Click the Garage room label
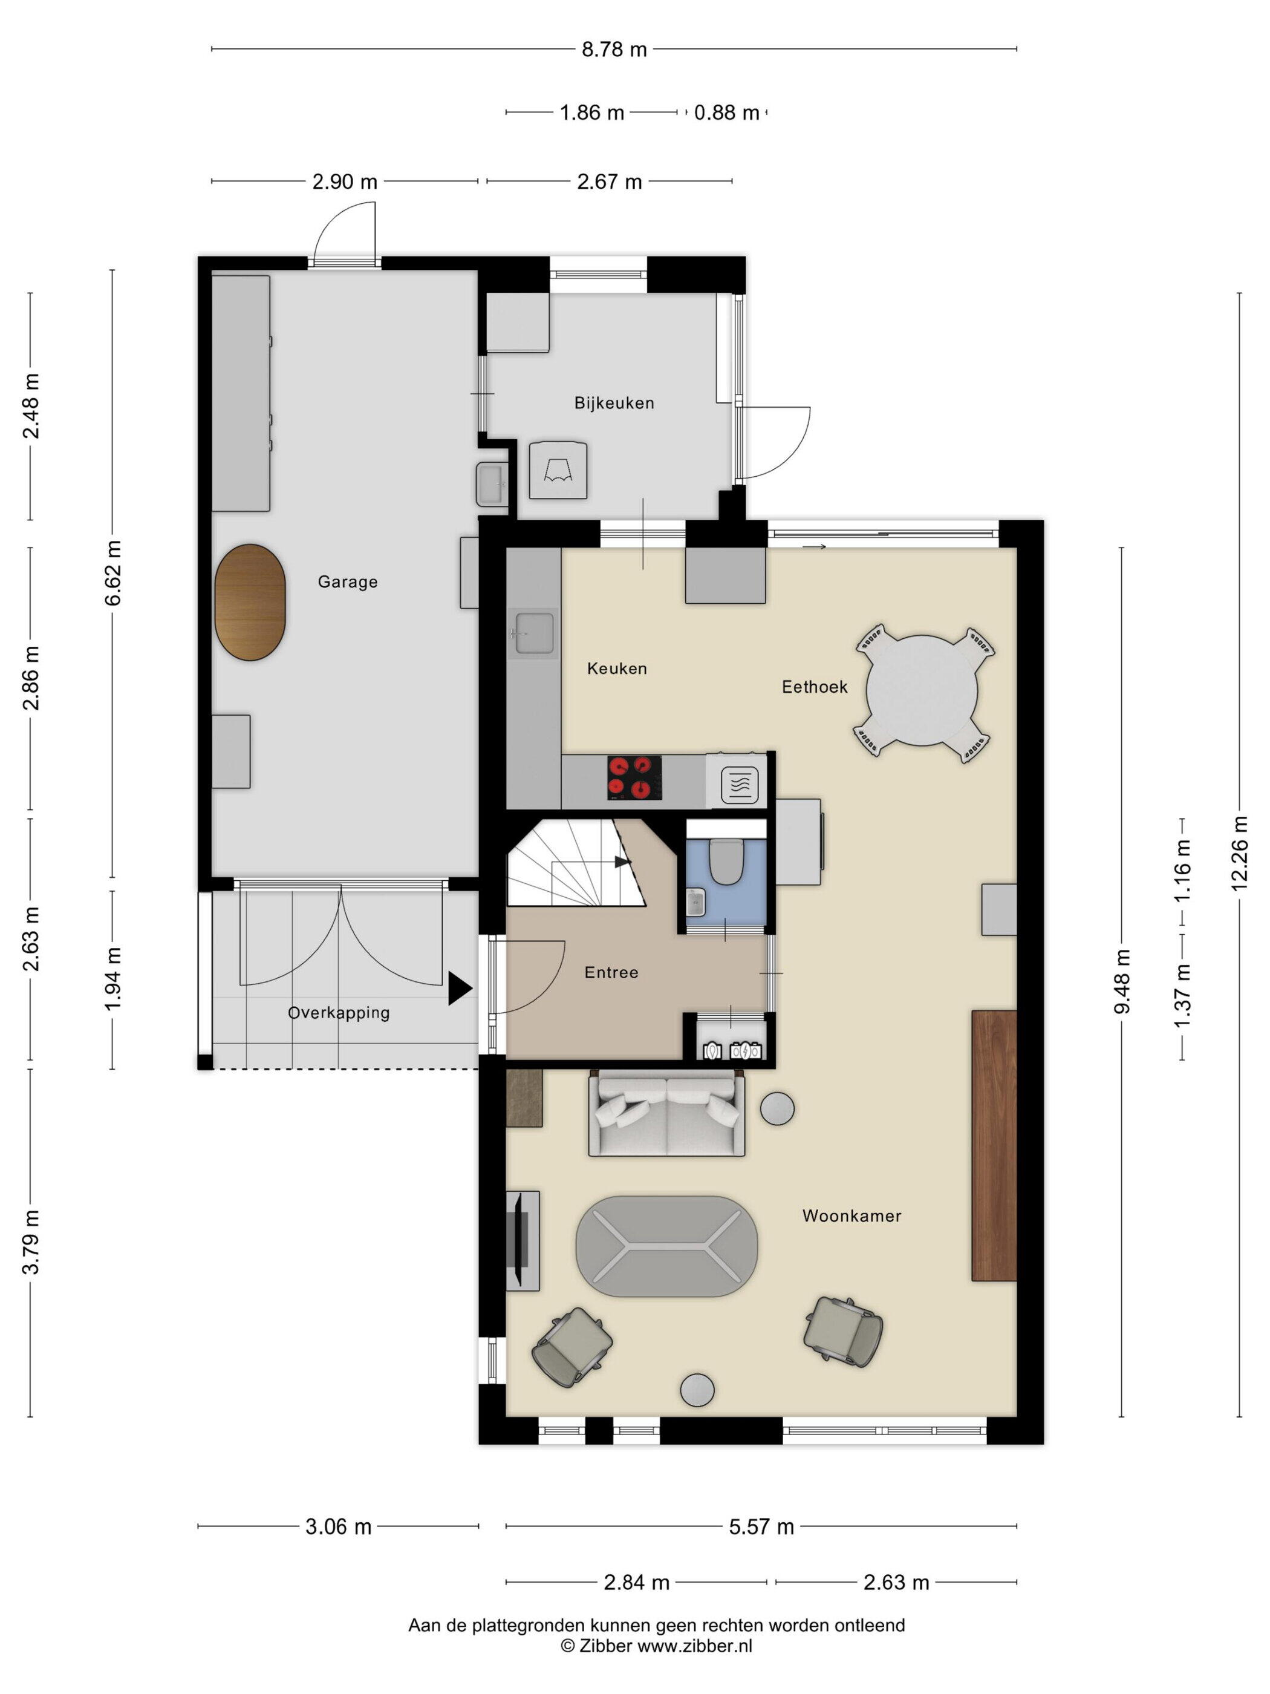click(x=348, y=582)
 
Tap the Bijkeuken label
click(x=614, y=403)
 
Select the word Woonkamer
click(x=852, y=1215)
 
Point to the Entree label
click(x=611, y=973)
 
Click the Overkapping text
click(x=338, y=1013)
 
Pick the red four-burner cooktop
click(x=634, y=777)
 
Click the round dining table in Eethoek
click(x=922, y=689)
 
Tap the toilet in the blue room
click(x=725, y=862)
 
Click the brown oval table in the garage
click(x=250, y=602)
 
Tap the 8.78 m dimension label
click(x=614, y=50)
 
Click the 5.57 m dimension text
click(x=761, y=1527)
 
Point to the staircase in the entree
click(x=576, y=862)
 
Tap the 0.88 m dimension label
click(x=726, y=113)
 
